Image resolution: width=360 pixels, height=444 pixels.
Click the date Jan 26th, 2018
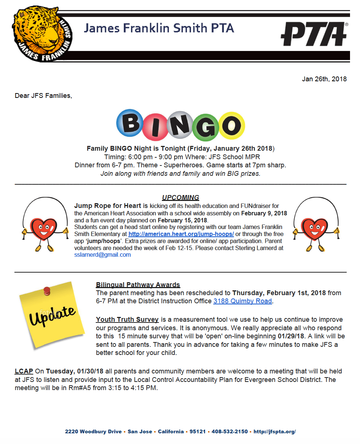pyautogui.click(x=324, y=79)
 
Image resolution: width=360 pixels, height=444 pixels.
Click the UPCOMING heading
pyautogui.click(x=180, y=198)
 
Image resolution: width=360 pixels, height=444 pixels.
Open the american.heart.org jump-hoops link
pyautogui.click(x=181, y=234)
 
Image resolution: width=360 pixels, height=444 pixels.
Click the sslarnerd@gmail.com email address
pyautogui.click(x=102, y=255)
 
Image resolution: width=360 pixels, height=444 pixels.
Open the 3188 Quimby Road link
pyautogui.click(x=242, y=301)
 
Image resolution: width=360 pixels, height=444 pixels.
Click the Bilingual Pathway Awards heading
pyautogui.click(x=138, y=285)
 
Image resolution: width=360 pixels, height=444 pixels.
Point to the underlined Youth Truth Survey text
pyautogui.click(x=127, y=320)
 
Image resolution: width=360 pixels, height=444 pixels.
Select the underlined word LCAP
pyautogui.click(x=24, y=371)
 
